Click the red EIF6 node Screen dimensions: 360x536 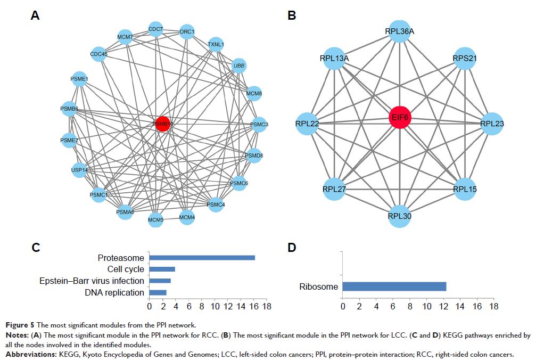(x=400, y=117)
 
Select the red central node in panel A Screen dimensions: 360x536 (x=163, y=124)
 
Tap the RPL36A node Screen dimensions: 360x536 (x=400, y=31)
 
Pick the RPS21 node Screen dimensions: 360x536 (x=464, y=57)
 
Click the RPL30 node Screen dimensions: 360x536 (x=400, y=216)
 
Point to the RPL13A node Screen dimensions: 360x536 (x=334, y=57)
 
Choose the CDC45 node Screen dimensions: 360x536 (x=98, y=53)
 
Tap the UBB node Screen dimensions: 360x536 (x=240, y=66)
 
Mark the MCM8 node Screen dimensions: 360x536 (x=254, y=94)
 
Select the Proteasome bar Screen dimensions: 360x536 (x=202, y=258)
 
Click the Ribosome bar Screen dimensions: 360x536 (x=394, y=287)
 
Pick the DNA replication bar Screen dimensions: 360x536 (x=158, y=292)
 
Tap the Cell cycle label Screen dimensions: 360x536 (x=126, y=269)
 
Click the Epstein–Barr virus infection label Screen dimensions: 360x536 (x=92, y=281)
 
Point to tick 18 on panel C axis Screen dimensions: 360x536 (x=267, y=307)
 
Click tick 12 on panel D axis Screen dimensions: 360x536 (x=443, y=307)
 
